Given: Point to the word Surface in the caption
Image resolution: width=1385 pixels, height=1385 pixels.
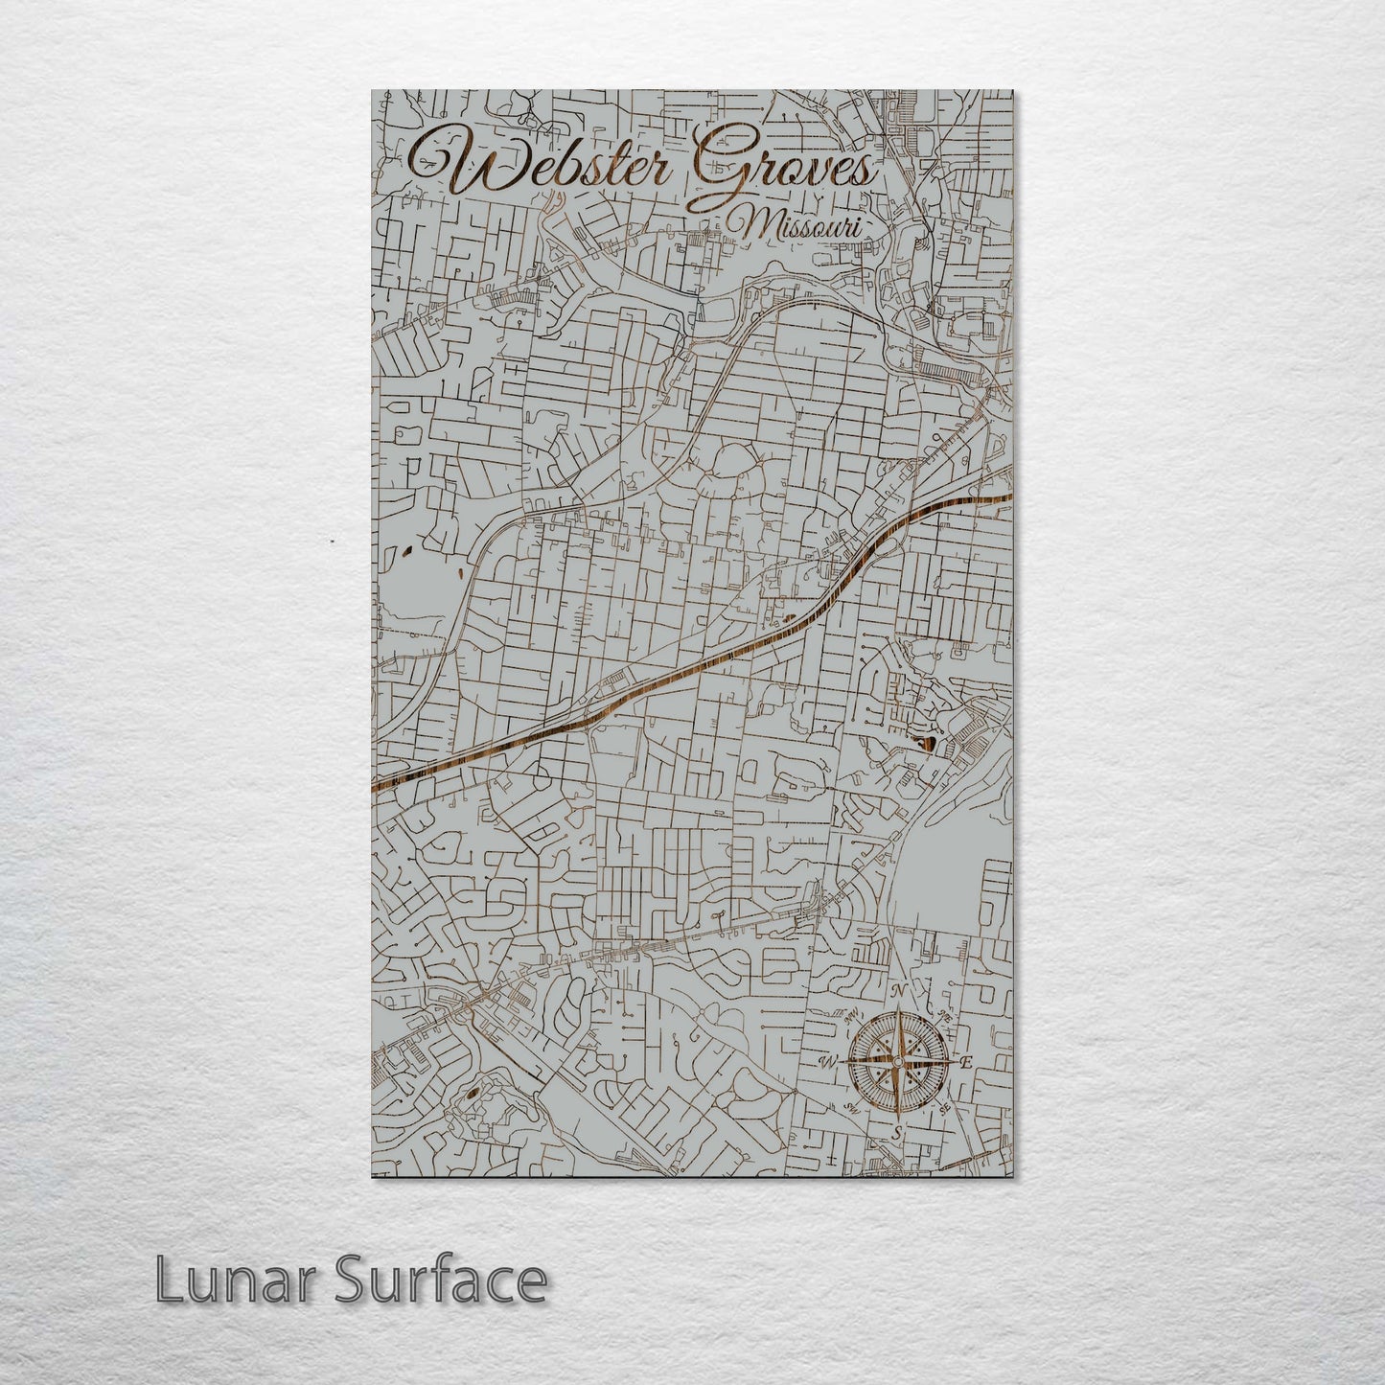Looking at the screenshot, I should coord(440,1280).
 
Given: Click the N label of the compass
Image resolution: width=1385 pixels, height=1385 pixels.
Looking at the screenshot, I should coord(898,991).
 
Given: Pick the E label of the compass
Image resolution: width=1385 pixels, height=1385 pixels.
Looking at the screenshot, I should coord(967,1062).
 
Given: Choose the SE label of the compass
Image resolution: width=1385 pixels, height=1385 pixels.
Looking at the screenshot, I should coord(944,1109).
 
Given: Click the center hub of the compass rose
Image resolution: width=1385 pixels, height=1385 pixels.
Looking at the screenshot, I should coord(897,1062).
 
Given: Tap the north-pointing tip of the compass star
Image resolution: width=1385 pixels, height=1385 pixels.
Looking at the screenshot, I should coord(897,1014).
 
